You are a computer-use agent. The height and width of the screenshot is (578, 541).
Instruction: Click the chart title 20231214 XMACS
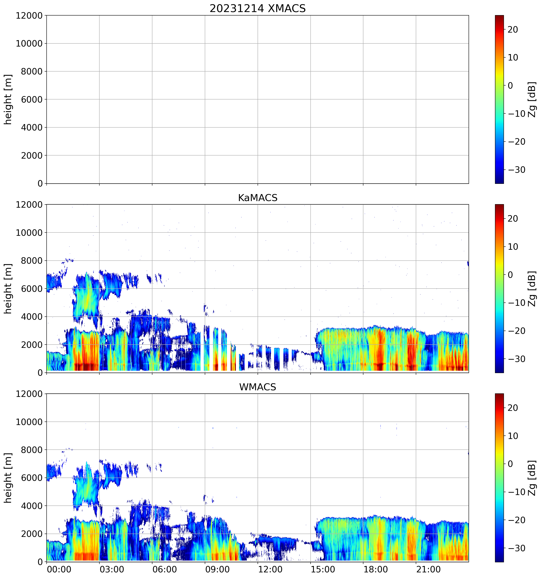(258, 8)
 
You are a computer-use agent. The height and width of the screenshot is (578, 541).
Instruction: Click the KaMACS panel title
(258, 198)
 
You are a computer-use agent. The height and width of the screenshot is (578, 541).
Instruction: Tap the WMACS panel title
(258, 387)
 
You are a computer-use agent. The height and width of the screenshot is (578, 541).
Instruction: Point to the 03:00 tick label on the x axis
(112, 569)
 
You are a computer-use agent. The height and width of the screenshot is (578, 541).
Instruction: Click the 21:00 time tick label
(428, 569)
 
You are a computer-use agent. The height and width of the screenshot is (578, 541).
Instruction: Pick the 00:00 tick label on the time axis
(59, 569)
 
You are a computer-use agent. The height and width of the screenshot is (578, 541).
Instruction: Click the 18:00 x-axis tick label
(376, 569)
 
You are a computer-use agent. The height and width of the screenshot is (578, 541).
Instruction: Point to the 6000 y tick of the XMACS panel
(32, 99)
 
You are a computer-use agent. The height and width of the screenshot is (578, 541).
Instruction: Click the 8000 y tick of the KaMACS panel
(32, 261)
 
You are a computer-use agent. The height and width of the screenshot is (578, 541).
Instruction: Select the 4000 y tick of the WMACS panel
(32, 506)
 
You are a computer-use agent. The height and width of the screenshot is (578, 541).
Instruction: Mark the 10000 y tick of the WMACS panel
(29, 422)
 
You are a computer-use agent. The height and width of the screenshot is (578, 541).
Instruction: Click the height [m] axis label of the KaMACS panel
(8, 289)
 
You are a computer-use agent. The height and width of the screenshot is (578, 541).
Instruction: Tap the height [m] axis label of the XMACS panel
(8, 99)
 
